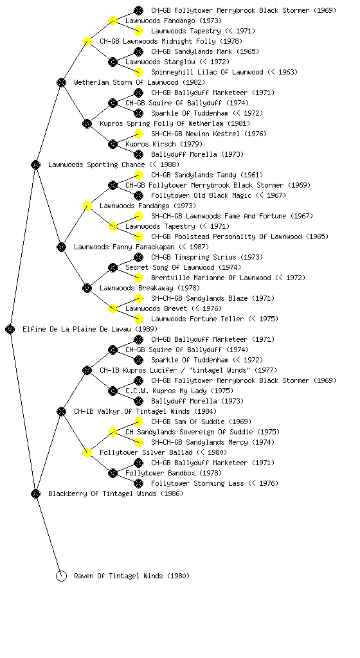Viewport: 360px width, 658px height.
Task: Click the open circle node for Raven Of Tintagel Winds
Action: tap(61, 576)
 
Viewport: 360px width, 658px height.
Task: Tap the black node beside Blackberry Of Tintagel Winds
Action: tap(35, 493)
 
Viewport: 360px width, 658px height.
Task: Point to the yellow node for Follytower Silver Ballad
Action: tap(87, 452)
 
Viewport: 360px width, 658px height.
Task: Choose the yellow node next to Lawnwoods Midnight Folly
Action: tap(87, 41)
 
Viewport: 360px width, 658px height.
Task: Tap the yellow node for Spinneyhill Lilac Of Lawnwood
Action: tap(138, 72)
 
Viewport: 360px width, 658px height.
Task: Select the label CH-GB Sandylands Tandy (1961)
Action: tap(207, 175)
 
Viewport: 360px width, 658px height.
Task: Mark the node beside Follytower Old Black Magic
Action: tap(138, 195)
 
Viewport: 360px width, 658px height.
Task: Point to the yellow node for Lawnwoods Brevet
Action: tap(113, 308)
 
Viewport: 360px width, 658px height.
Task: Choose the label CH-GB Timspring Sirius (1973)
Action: tap(207, 257)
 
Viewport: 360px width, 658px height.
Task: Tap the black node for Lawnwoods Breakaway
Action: tap(87, 288)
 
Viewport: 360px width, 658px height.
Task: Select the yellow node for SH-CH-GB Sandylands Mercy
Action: tap(138, 442)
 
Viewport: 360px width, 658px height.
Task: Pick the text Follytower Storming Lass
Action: tap(197, 483)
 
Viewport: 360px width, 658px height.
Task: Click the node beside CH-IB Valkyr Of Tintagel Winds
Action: tap(61, 411)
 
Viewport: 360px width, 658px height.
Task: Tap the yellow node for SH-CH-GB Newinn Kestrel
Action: tap(138, 134)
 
